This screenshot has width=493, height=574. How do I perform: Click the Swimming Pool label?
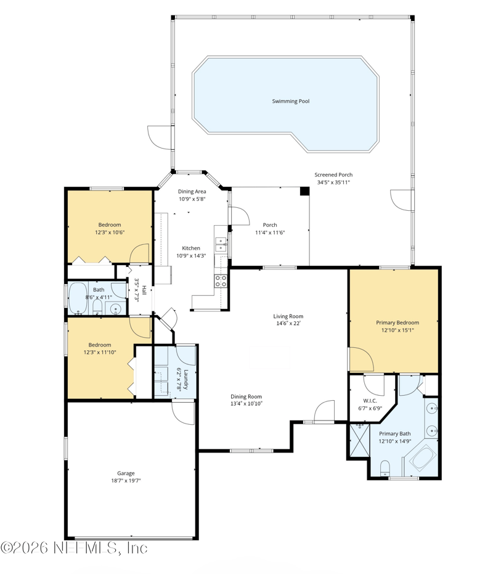[x=291, y=101]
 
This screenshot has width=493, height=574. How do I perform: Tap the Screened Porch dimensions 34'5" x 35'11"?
[x=333, y=182]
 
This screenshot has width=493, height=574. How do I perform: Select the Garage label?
[x=126, y=474]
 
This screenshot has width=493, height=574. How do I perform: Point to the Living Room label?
[x=288, y=316]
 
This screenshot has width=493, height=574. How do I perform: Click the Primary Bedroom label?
[x=397, y=322]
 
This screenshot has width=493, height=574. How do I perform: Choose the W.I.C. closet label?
[x=370, y=401]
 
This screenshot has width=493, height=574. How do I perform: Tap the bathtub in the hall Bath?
[x=78, y=298]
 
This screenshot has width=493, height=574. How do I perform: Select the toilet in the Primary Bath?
[x=385, y=469]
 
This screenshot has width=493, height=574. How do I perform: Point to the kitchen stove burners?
[x=221, y=281]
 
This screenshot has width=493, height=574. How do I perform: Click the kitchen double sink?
[x=221, y=244]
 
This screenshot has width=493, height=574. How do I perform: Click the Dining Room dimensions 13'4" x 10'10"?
[x=246, y=404]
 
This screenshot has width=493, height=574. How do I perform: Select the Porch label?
[x=270, y=225]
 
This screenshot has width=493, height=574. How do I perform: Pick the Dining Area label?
[x=192, y=192]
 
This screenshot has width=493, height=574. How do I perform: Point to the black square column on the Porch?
[x=304, y=191]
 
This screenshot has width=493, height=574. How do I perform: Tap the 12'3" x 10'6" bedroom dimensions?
[x=110, y=232]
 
